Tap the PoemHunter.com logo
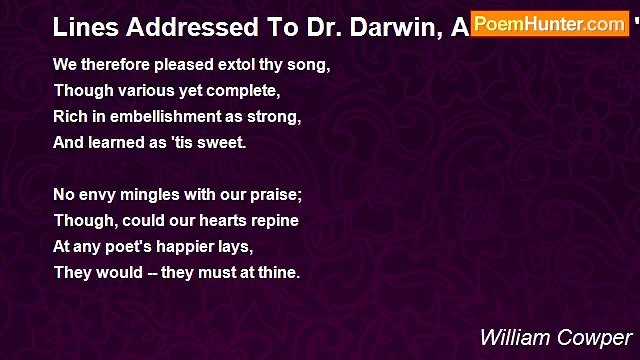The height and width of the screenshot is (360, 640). click(x=549, y=23)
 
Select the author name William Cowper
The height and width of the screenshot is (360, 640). click(x=555, y=336)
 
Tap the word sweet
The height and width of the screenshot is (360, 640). click(x=225, y=143)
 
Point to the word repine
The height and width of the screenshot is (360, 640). click(x=274, y=220)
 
